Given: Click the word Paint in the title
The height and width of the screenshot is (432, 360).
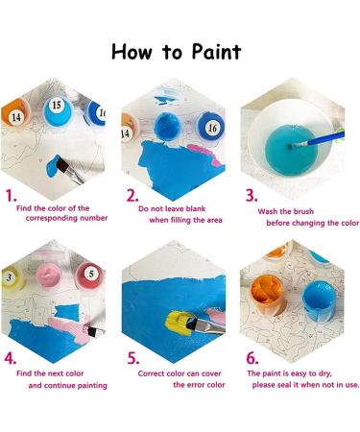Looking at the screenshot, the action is (217, 52).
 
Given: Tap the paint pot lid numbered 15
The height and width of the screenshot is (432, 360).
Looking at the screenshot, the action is (58, 111).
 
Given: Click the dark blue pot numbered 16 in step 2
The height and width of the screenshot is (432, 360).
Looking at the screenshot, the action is (209, 126).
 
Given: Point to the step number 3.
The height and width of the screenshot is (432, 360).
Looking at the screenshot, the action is (252, 196).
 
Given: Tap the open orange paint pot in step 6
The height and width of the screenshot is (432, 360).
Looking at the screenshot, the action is (267, 295).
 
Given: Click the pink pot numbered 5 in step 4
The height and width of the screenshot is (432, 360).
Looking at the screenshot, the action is (89, 276).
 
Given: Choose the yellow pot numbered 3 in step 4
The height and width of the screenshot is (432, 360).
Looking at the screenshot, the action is (12, 277).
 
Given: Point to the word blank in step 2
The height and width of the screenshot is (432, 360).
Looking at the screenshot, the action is (196, 209).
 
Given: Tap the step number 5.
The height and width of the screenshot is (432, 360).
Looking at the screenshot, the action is (133, 358).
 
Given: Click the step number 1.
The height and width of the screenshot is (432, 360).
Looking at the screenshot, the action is (12, 196).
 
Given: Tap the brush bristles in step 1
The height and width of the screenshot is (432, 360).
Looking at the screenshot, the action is (62, 165).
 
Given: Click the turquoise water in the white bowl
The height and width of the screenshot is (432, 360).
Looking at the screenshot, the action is (291, 151).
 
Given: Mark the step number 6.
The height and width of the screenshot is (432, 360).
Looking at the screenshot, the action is (252, 358).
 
